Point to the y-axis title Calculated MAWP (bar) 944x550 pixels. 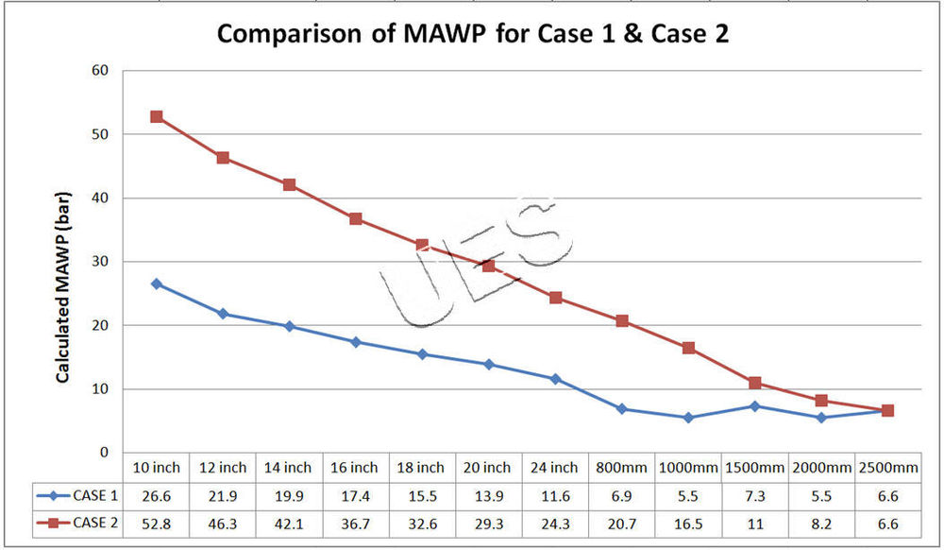(63, 295)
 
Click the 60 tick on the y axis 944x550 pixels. (101, 70)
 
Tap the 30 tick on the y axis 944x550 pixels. (101, 262)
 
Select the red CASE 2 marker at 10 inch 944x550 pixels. (157, 116)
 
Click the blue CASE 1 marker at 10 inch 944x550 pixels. (157, 284)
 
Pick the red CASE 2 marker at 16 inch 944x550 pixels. (356, 218)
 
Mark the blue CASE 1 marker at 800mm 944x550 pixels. (622, 409)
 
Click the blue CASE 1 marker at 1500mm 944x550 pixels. (755, 406)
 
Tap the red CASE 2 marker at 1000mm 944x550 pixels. (688, 348)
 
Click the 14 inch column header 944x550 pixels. (288, 467)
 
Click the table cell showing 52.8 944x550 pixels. (155, 522)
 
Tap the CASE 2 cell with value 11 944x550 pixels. (754, 522)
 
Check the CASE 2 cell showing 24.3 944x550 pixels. (555, 522)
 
